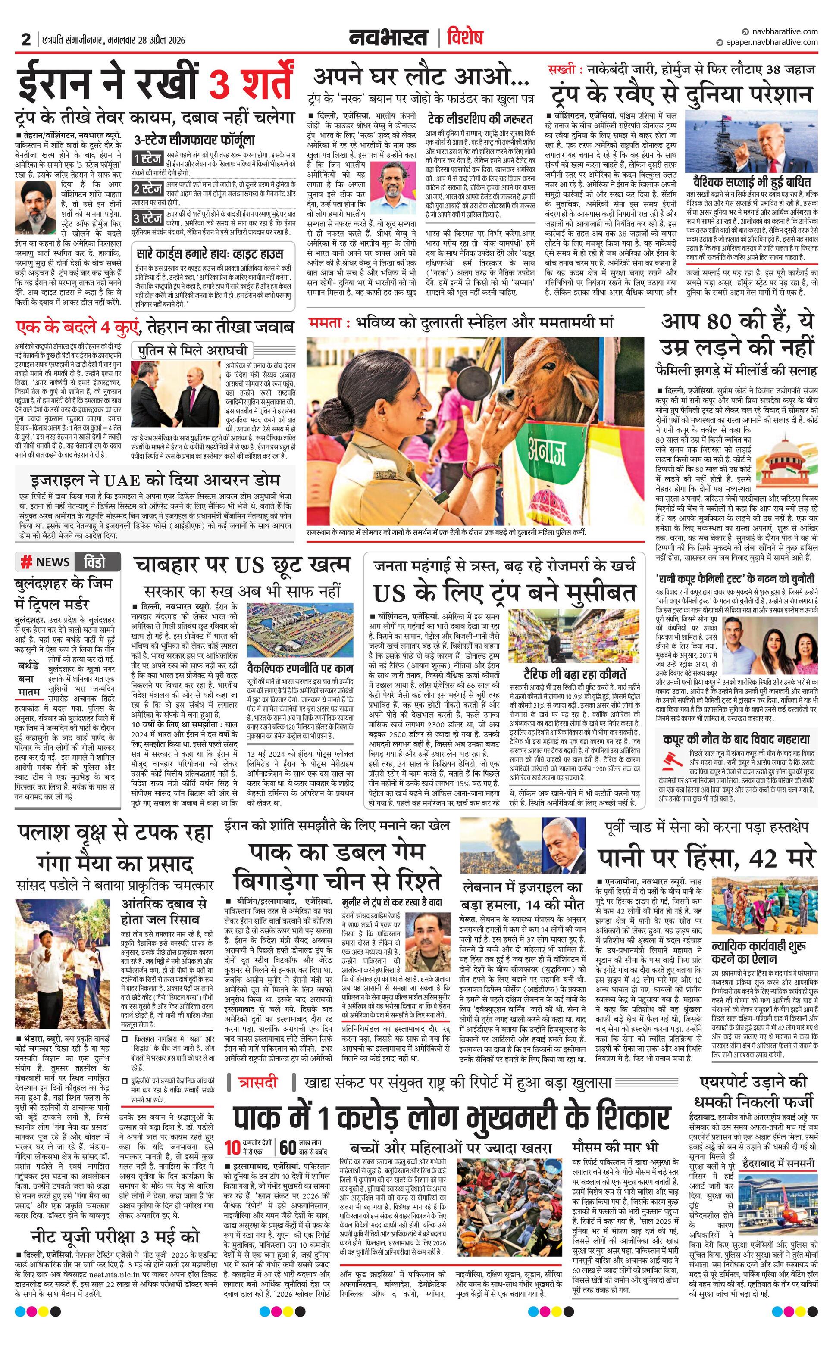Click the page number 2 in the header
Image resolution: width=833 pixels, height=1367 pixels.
(25, 40)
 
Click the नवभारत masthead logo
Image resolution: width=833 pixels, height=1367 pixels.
(388, 38)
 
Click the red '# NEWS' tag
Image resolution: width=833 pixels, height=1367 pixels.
(44, 562)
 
